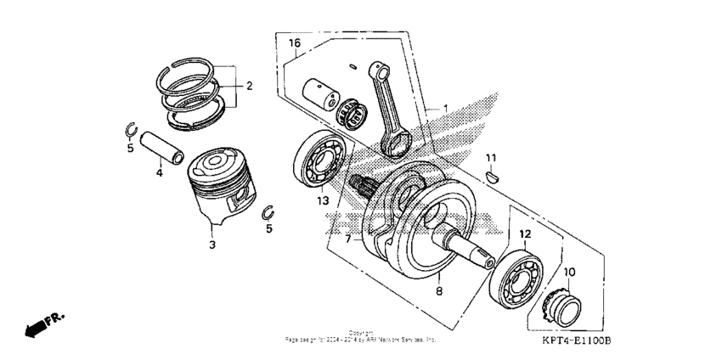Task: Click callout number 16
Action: pyautogui.click(x=295, y=42)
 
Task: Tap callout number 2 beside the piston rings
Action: pyautogui.click(x=249, y=86)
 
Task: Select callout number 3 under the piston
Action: pyautogui.click(x=212, y=245)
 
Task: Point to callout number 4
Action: pyautogui.click(x=159, y=173)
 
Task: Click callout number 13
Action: pyautogui.click(x=323, y=201)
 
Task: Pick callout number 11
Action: pyautogui.click(x=490, y=158)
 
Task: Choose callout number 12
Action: pyautogui.click(x=525, y=233)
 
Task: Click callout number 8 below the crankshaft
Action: pyautogui.click(x=439, y=291)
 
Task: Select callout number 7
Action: pyautogui.click(x=347, y=240)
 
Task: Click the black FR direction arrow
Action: pyautogui.click(x=40, y=325)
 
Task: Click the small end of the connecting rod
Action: pyautogui.click(x=378, y=70)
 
